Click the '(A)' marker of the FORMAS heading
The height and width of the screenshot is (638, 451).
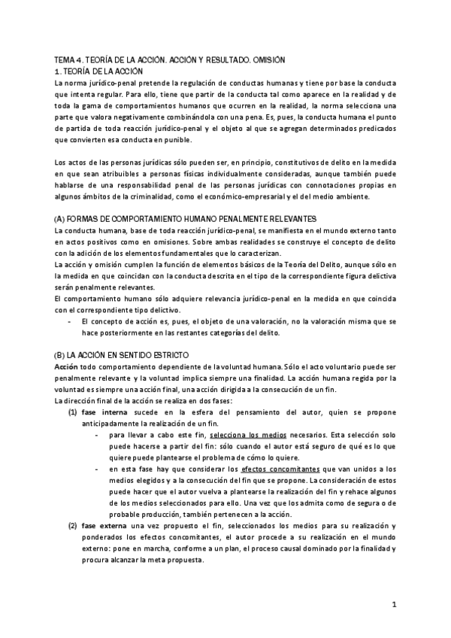(62, 218)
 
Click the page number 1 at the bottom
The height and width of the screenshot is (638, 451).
(394, 604)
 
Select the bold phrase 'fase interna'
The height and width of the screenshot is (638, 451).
(106, 412)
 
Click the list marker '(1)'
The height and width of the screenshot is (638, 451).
(73, 412)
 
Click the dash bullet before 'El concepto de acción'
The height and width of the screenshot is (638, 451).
(68, 321)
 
